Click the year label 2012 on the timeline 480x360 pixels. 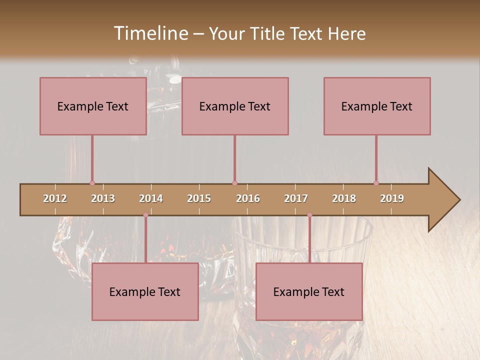tap(55, 198)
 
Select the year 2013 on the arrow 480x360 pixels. tap(103, 198)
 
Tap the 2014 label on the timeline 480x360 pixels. tap(151, 198)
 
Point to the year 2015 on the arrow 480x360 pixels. tap(199, 198)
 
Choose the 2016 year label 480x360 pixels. tap(248, 198)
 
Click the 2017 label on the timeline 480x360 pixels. tap(296, 198)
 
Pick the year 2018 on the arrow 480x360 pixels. tap(344, 198)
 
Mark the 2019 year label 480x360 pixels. tap(392, 198)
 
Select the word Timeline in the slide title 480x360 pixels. tap(150, 33)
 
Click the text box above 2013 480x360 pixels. tap(93, 106)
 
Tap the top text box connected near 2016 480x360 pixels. tap(235, 106)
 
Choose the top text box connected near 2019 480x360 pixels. tap(377, 106)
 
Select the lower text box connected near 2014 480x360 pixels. tap(145, 291)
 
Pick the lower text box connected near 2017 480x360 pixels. tap(309, 291)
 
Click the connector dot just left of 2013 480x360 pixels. tap(92, 183)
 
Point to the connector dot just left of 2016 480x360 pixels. tap(234, 183)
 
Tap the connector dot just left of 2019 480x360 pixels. tap(376, 183)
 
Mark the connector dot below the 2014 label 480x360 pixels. tap(145, 215)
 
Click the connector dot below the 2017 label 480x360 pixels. tap(309, 215)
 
